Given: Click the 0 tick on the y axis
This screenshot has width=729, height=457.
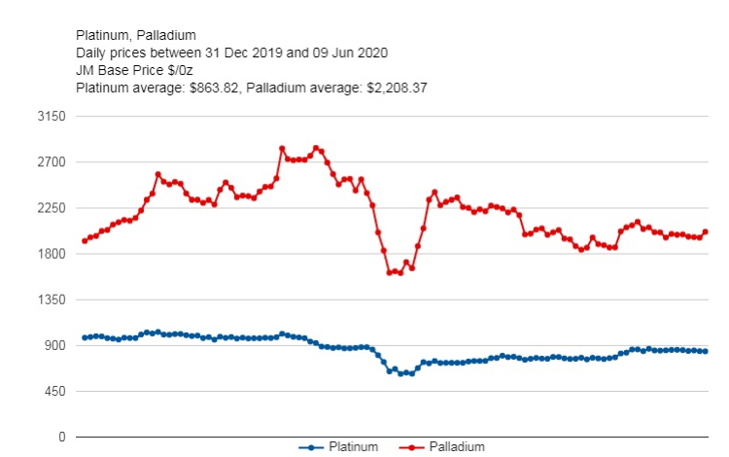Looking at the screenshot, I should coord(60,437).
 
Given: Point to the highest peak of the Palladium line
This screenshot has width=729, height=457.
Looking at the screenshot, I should coord(282,148).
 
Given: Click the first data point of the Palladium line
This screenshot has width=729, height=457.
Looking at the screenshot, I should coord(85,240).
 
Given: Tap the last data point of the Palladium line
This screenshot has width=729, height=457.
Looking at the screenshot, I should coord(706,231).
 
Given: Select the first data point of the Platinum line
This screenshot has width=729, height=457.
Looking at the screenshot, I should coord(85,337).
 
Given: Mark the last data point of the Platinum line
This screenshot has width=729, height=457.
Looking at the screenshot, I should coord(706,351).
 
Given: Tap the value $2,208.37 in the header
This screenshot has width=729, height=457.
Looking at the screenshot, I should coord(397,88).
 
